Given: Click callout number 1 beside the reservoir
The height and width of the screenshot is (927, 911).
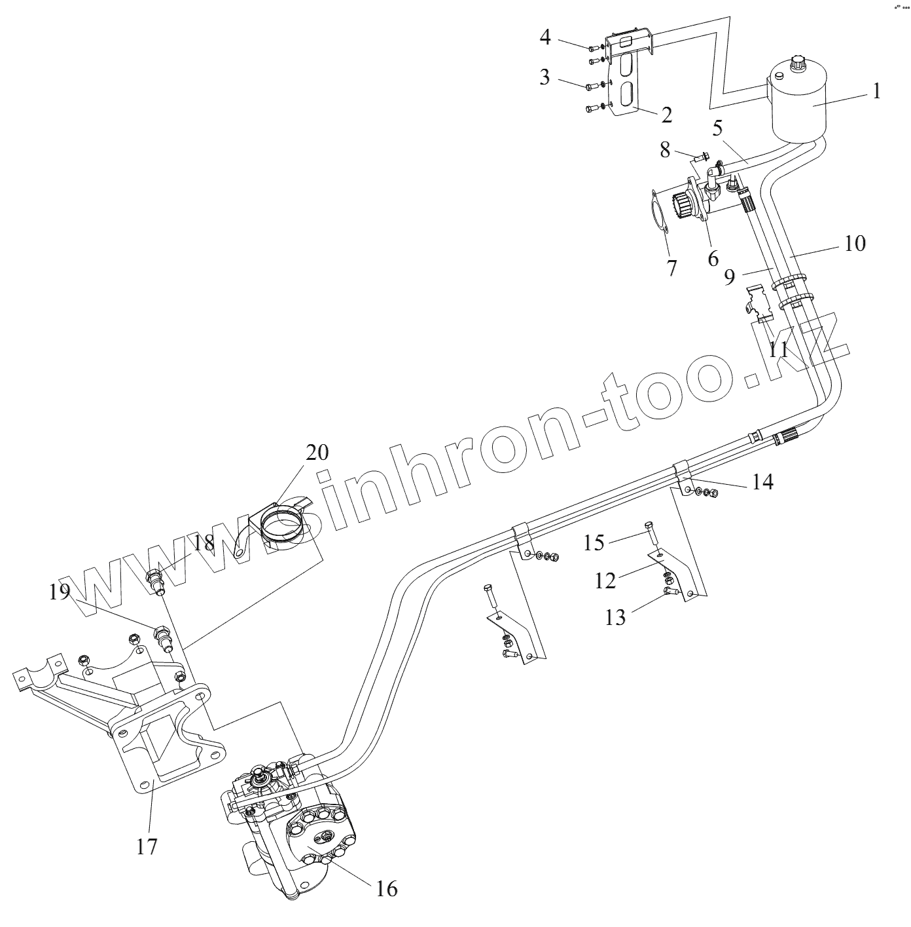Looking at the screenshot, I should pyautogui.click(x=876, y=90).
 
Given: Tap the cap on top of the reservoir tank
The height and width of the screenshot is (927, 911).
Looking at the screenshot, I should pyautogui.click(x=799, y=66).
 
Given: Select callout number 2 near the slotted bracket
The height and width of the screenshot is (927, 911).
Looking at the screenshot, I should pyautogui.click(x=666, y=116).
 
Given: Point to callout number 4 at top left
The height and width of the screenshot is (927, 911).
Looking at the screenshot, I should pyautogui.click(x=545, y=37).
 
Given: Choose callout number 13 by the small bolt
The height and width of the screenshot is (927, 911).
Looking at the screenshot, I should pyautogui.click(x=615, y=617).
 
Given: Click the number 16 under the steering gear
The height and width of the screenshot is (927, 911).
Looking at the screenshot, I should pyautogui.click(x=387, y=888).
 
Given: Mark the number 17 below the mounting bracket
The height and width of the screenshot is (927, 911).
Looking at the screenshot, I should pyautogui.click(x=147, y=846).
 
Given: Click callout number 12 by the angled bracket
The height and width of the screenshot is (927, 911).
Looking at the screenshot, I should pyautogui.click(x=606, y=580).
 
